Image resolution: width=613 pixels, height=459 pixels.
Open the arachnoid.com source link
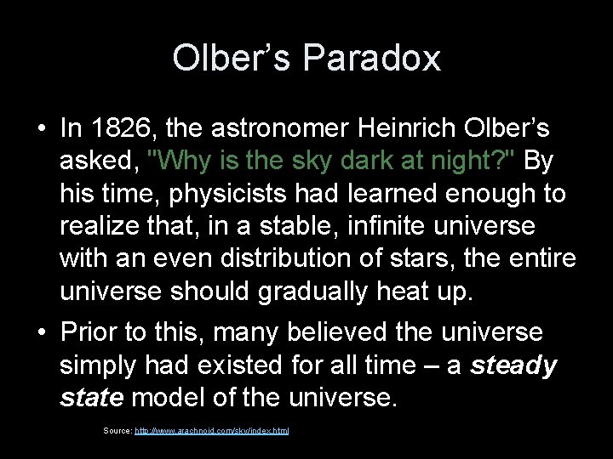click(212, 431)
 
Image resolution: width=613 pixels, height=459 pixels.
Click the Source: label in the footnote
click(117, 431)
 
